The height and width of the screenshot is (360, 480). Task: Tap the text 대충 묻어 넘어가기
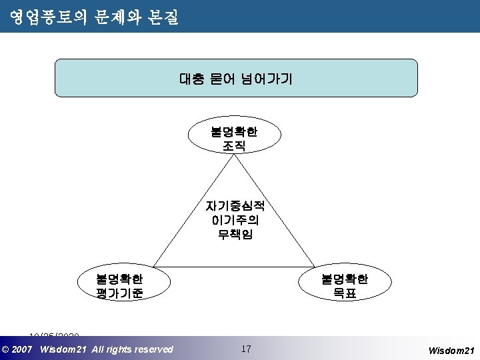(x=235, y=79)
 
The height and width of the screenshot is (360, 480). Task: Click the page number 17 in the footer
(x=246, y=349)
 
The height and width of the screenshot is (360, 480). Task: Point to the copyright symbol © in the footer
(x=6, y=349)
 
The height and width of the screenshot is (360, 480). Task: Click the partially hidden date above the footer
(x=54, y=335)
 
